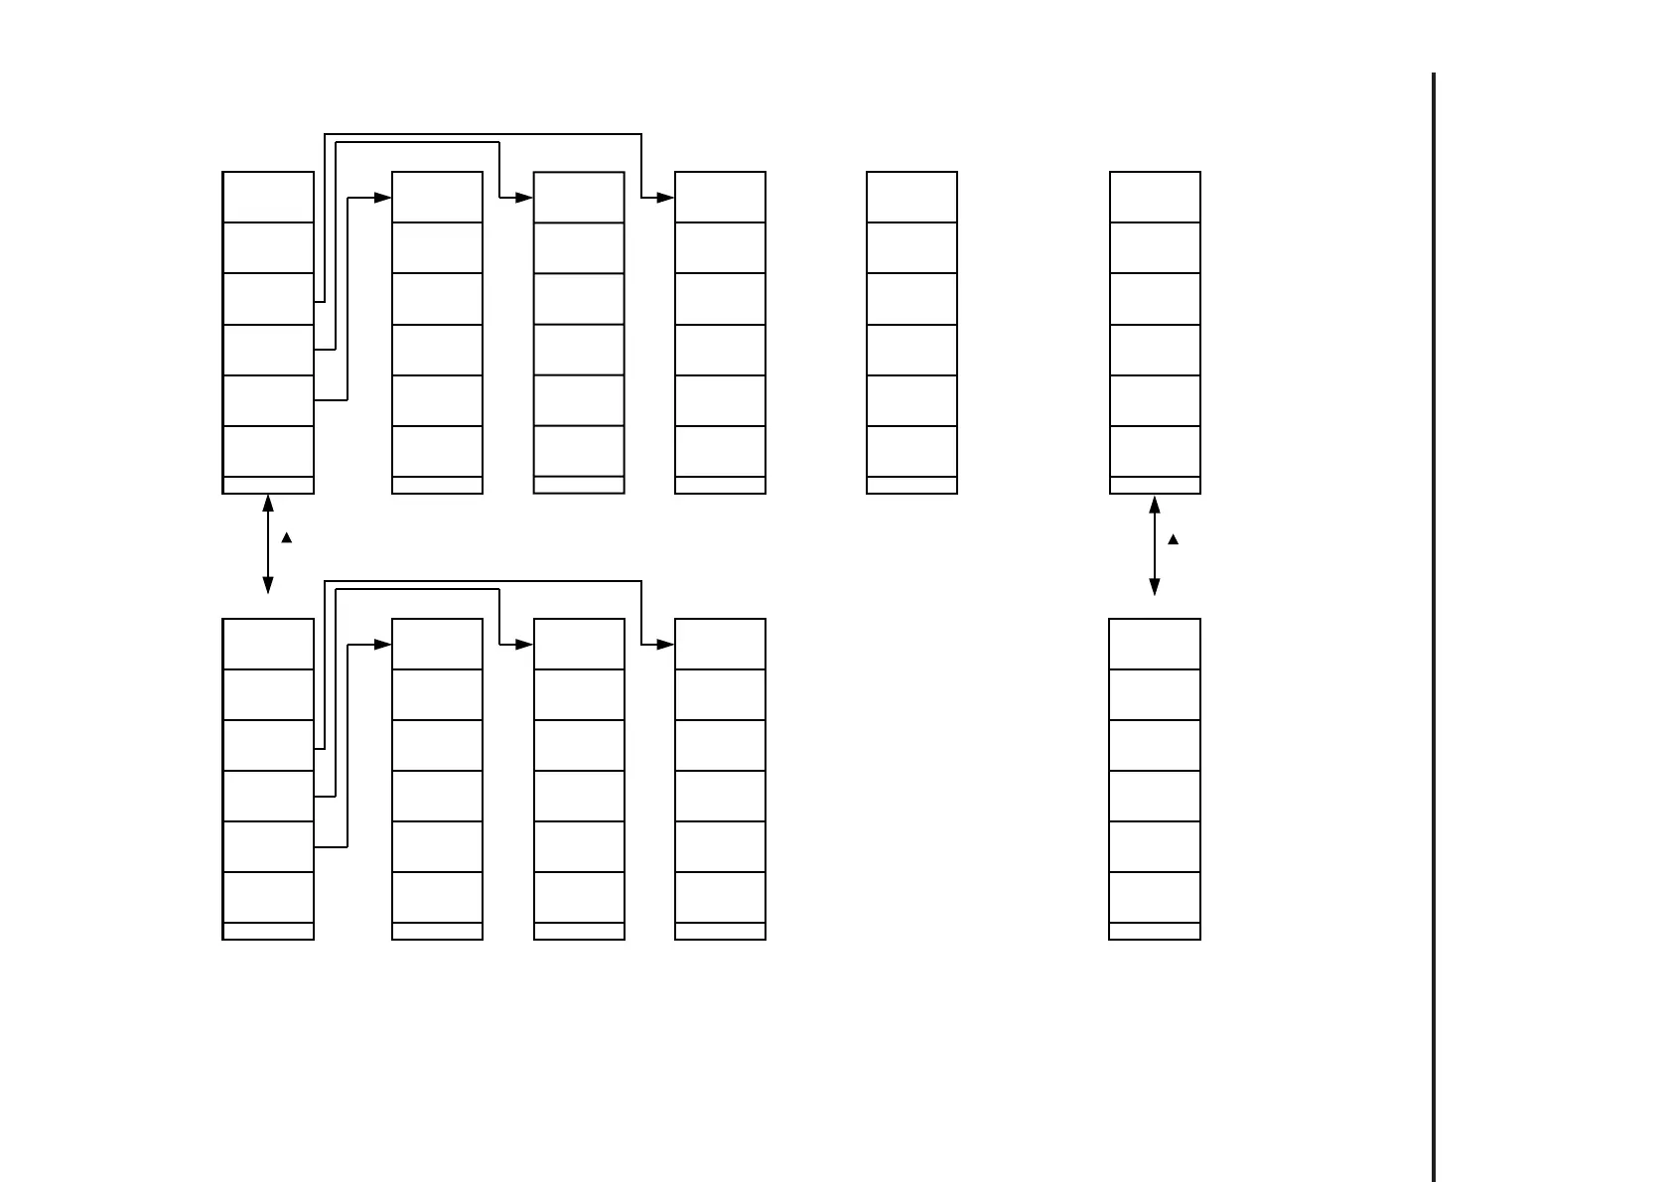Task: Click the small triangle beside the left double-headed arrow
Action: tap(287, 537)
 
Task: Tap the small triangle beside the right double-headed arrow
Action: tap(1173, 539)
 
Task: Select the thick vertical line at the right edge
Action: tap(1434, 626)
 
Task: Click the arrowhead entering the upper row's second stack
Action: tap(383, 198)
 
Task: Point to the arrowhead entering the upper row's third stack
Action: tap(524, 198)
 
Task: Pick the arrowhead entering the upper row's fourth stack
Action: tap(665, 198)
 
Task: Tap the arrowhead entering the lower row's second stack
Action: tap(383, 645)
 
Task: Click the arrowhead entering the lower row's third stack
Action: tap(524, 645)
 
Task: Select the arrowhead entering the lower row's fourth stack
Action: tap(665, 645)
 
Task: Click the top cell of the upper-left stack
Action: tap(268, 197)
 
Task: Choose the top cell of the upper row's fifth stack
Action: tap(911, 197)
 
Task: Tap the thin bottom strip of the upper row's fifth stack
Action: tap(911, 485)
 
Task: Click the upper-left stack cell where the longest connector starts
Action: tap(268, 299)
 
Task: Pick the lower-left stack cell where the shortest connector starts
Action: tap(268, 846)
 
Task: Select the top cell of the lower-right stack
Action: tap(1154, 644)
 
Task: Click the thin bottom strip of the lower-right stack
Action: tap(1154, 931)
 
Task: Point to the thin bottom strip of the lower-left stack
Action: tap(268, 931)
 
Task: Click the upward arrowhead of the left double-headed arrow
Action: tap(268, 504)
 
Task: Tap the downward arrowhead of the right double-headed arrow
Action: tap(1154, 586)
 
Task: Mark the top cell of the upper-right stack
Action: tap(1154, 197)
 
